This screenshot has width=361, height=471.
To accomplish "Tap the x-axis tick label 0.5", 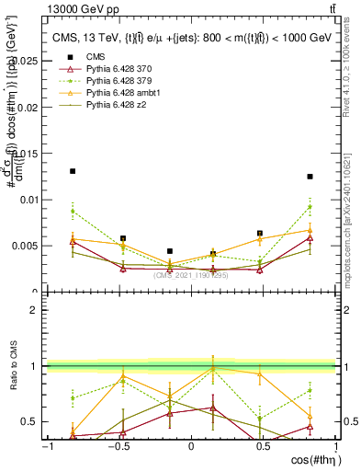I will click(263, 446).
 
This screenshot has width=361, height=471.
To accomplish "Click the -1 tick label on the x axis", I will click(46, 446).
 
